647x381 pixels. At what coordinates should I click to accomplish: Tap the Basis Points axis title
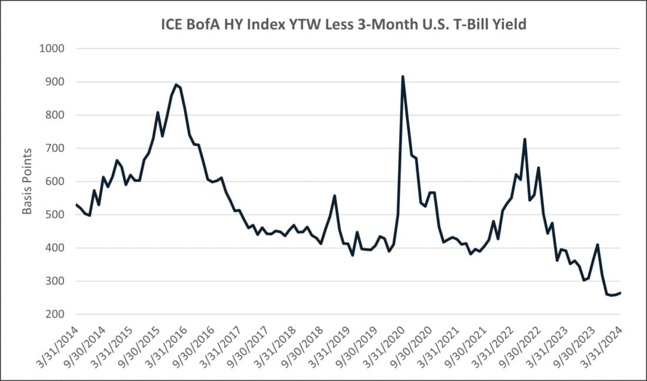(x=28, y=181)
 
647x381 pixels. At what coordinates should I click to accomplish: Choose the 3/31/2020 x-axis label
(x=386, y=347)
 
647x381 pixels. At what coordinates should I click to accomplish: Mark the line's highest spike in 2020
(x=402, y=76)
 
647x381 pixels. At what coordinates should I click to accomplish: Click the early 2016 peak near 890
(x=176, y=85)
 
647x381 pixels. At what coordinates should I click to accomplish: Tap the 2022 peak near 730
(x=524, y=139)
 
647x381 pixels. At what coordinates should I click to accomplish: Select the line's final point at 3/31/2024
(x=620, y=293)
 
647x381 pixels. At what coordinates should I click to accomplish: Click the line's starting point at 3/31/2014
(x=76, y=205)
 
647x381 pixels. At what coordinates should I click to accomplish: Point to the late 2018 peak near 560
(x=334, y=196)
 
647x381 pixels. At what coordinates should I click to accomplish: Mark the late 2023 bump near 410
(x=597, y=245)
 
